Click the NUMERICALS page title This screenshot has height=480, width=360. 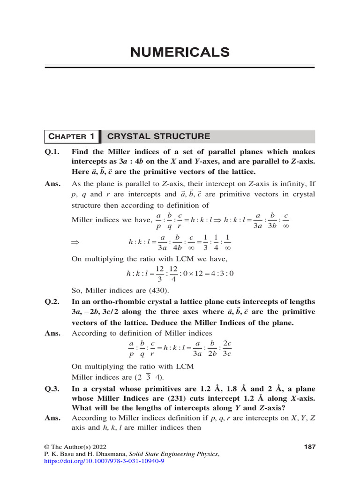(x=180, y=52)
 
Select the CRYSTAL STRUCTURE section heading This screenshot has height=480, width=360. (x=159, y=136)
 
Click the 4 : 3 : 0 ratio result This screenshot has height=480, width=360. (x=222, y=273)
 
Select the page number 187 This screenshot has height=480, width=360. (x=309, y=447)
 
